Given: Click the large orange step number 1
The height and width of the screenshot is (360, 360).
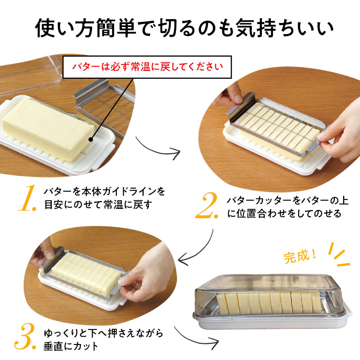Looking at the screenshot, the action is (x=27, y=198).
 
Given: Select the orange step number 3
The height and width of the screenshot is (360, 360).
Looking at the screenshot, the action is (x=25, y=336).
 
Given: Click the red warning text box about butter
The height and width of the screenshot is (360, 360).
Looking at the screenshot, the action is (x=147, y=67).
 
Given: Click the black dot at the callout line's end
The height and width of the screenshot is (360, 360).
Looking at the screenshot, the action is (x=91, y=139).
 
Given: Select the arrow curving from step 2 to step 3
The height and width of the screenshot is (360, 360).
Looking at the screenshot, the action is (x=200, y=252).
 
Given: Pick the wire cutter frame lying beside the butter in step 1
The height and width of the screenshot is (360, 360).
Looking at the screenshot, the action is (x=105, y=108).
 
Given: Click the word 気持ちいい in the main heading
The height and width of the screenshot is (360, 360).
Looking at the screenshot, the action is (x=285, y=28).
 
